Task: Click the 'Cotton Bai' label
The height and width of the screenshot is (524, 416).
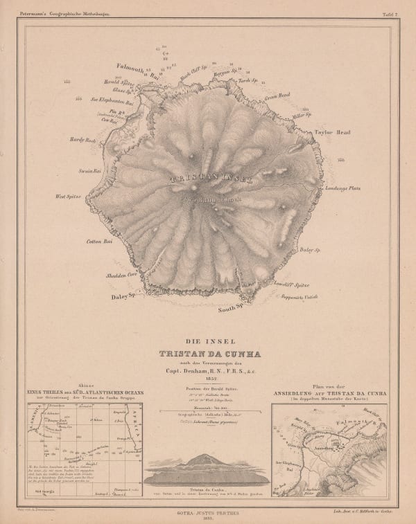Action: pyautogui.click(x=98, y=242)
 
